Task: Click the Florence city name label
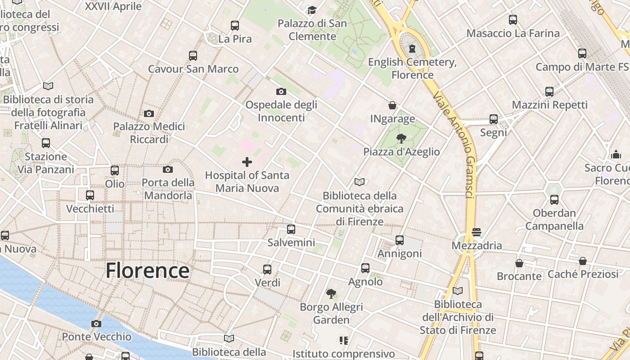click(147, 270)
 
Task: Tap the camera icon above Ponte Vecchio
click(96, 324)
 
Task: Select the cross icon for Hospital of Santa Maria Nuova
click(247, 162)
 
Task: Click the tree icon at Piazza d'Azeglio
click(401, 139)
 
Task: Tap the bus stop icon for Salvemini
click(291, 229)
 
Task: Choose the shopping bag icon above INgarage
click(392, 106)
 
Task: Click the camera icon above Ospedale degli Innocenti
click(281, 92)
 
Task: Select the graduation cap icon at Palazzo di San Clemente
click(312, 10)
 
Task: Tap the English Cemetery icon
click(412, 49)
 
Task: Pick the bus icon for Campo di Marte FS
click(582, 54)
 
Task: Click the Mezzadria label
click(477, 246)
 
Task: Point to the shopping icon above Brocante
click(519, 263)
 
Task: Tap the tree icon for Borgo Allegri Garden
click(331, 294)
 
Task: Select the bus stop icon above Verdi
click(267, 270)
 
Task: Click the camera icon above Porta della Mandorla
click(168, 170)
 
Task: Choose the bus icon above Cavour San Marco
click(193, 56)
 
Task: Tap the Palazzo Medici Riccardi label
click(149, 133)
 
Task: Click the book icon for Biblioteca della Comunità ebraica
click(359, 182)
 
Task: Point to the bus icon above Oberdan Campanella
click(554, 200)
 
